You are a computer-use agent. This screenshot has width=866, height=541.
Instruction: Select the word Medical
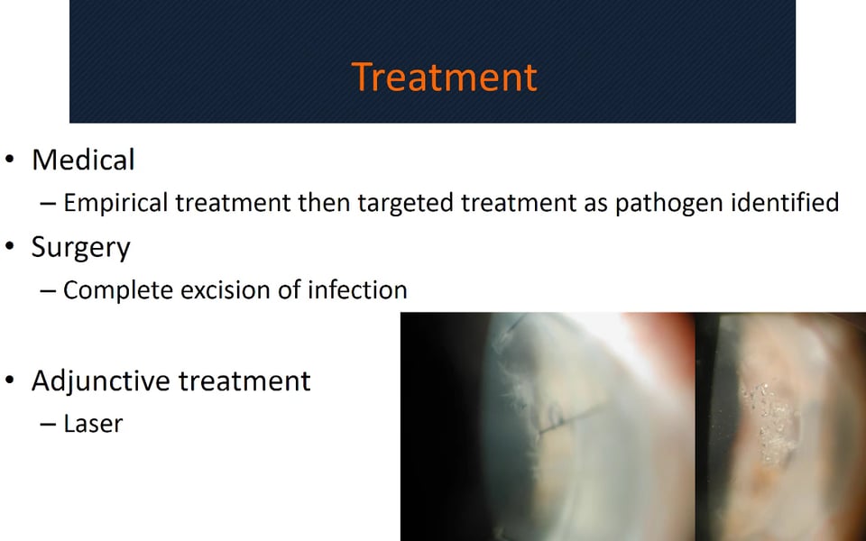[x=83, y=160]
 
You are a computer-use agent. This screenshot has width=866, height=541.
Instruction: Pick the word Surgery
[x=80, y=247]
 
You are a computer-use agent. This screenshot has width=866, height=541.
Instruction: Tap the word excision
[x=226, y=289]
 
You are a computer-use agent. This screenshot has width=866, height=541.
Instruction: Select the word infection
[x=357, y=289]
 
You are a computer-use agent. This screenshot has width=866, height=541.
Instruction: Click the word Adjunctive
[x=101, y=381]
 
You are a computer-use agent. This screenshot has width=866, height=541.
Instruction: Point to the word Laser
[x=93, y=424]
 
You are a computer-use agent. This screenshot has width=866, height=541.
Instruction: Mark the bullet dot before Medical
[x=9, y=160]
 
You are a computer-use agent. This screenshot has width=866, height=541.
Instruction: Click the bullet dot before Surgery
[x=9, y=246]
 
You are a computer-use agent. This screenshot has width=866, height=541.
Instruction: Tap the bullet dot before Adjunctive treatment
[x=9, y=380]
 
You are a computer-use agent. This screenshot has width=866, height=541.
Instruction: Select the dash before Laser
[x=48, y=425]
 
